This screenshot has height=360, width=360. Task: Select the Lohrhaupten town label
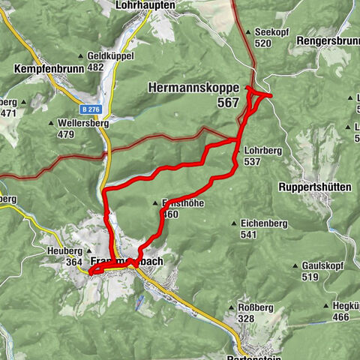click(145, 5)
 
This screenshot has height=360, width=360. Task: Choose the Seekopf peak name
click(271, 32)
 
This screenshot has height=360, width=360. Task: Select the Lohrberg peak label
click(262, 151)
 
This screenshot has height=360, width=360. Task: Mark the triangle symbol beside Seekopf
click(248, 33)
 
